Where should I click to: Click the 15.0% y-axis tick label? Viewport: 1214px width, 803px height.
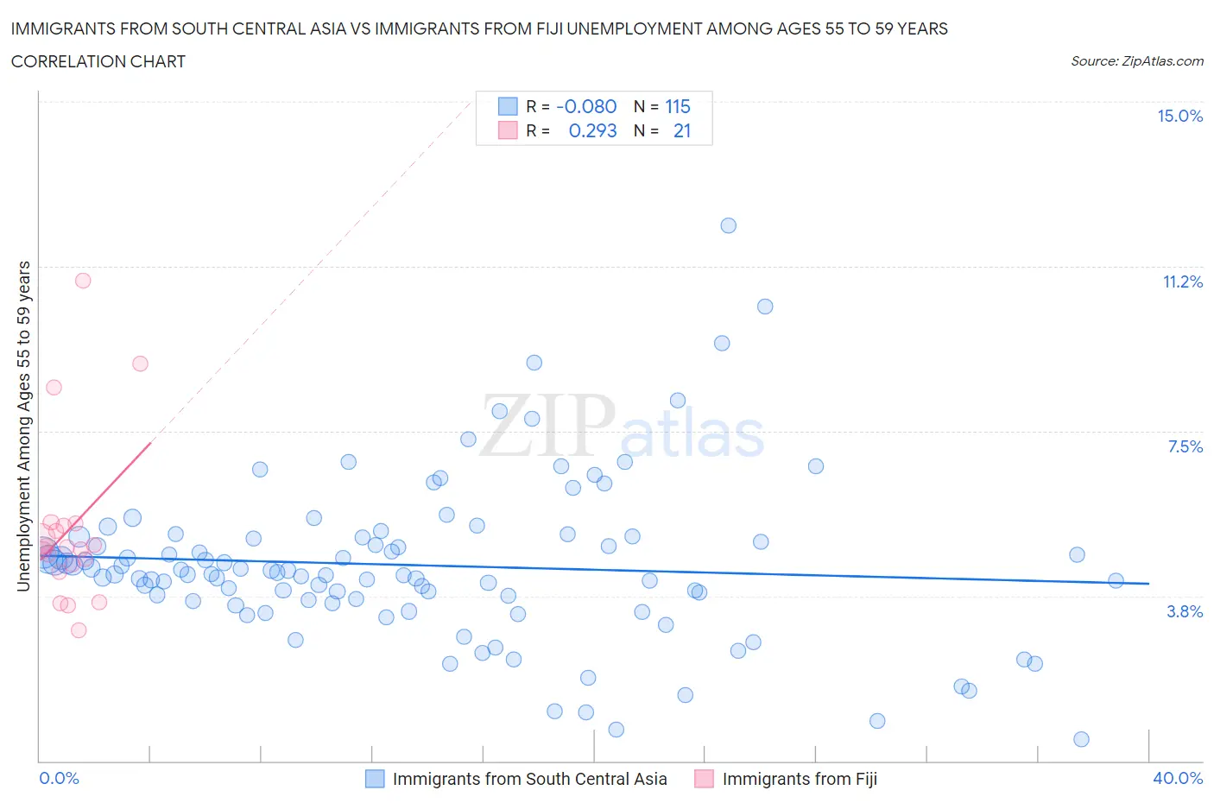(x=1179, y=116)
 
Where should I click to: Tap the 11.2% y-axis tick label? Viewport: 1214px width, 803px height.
(x=1182, y=281)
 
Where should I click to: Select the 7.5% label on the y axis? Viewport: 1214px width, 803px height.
(x=1185, y=446)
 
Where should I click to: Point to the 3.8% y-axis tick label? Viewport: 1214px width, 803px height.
(x=1185, y=611)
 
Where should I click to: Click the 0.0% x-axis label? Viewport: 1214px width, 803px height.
(x=59, y=778)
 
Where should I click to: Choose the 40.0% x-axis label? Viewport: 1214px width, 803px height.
(x=1178, y=778)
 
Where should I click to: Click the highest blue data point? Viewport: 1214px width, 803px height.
(x=728, y=225)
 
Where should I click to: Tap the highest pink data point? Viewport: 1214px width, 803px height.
(x=83, y=281)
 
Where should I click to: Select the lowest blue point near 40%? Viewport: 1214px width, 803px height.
(x=1081, y=739)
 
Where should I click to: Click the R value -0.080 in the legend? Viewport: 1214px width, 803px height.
(x=586, y=106)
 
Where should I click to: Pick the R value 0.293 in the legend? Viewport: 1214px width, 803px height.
(x=592, y=130)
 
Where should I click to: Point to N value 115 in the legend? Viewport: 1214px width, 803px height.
(x=678, y=106)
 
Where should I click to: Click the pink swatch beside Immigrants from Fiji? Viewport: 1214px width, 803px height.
(x=704, y=779)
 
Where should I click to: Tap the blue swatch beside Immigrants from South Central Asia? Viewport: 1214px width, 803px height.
(x=375, y=779)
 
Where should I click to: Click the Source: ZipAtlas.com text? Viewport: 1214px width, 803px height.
(x=1136, y=60)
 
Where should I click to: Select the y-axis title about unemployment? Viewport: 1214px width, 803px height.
(x=24, y=427)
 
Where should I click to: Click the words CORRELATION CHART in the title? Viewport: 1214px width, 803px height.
(x=98, y=61)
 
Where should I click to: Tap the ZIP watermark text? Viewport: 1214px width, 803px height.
(x=547, y=425)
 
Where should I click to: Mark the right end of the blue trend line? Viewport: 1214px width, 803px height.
(x=1148, y=584)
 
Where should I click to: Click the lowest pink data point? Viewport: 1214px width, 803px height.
(x=79, y=630)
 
